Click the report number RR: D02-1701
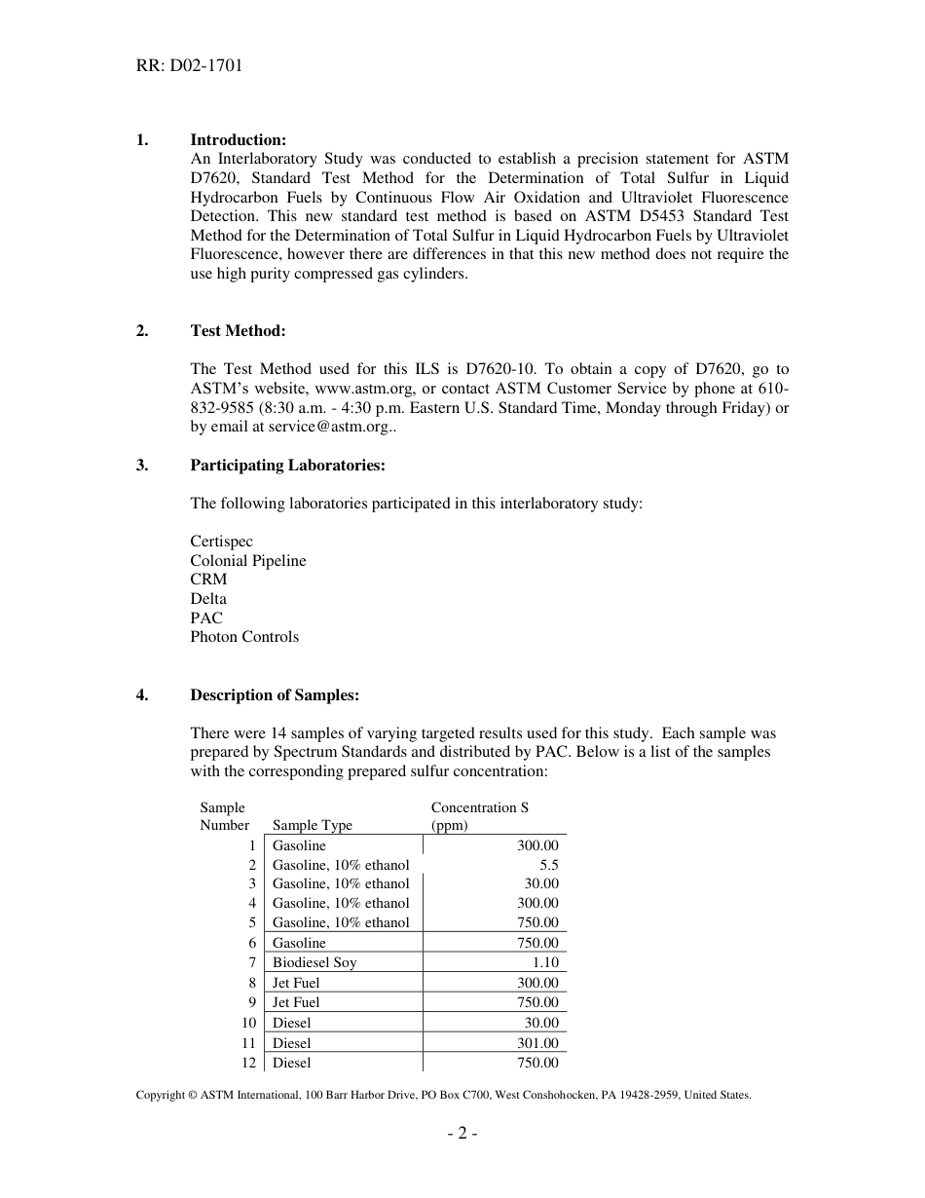[x=189, y=66]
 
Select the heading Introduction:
[x=238, y=140]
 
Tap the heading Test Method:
[x=238, y=331]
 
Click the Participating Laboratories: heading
[x=287, y=466]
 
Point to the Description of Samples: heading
[x=275, y=695]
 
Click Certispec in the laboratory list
[x=221, y=542]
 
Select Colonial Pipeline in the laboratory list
[x=247, y=561]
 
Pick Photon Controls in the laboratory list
[x=244, y=637]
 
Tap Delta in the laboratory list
[x=207, y=599]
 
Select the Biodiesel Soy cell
[x=314, y=962]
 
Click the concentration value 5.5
[x=549, y=865]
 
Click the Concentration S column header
[x=479, y=807]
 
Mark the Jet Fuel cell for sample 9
[x=296, y=1002]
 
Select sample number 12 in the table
[x=248, y=1063]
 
